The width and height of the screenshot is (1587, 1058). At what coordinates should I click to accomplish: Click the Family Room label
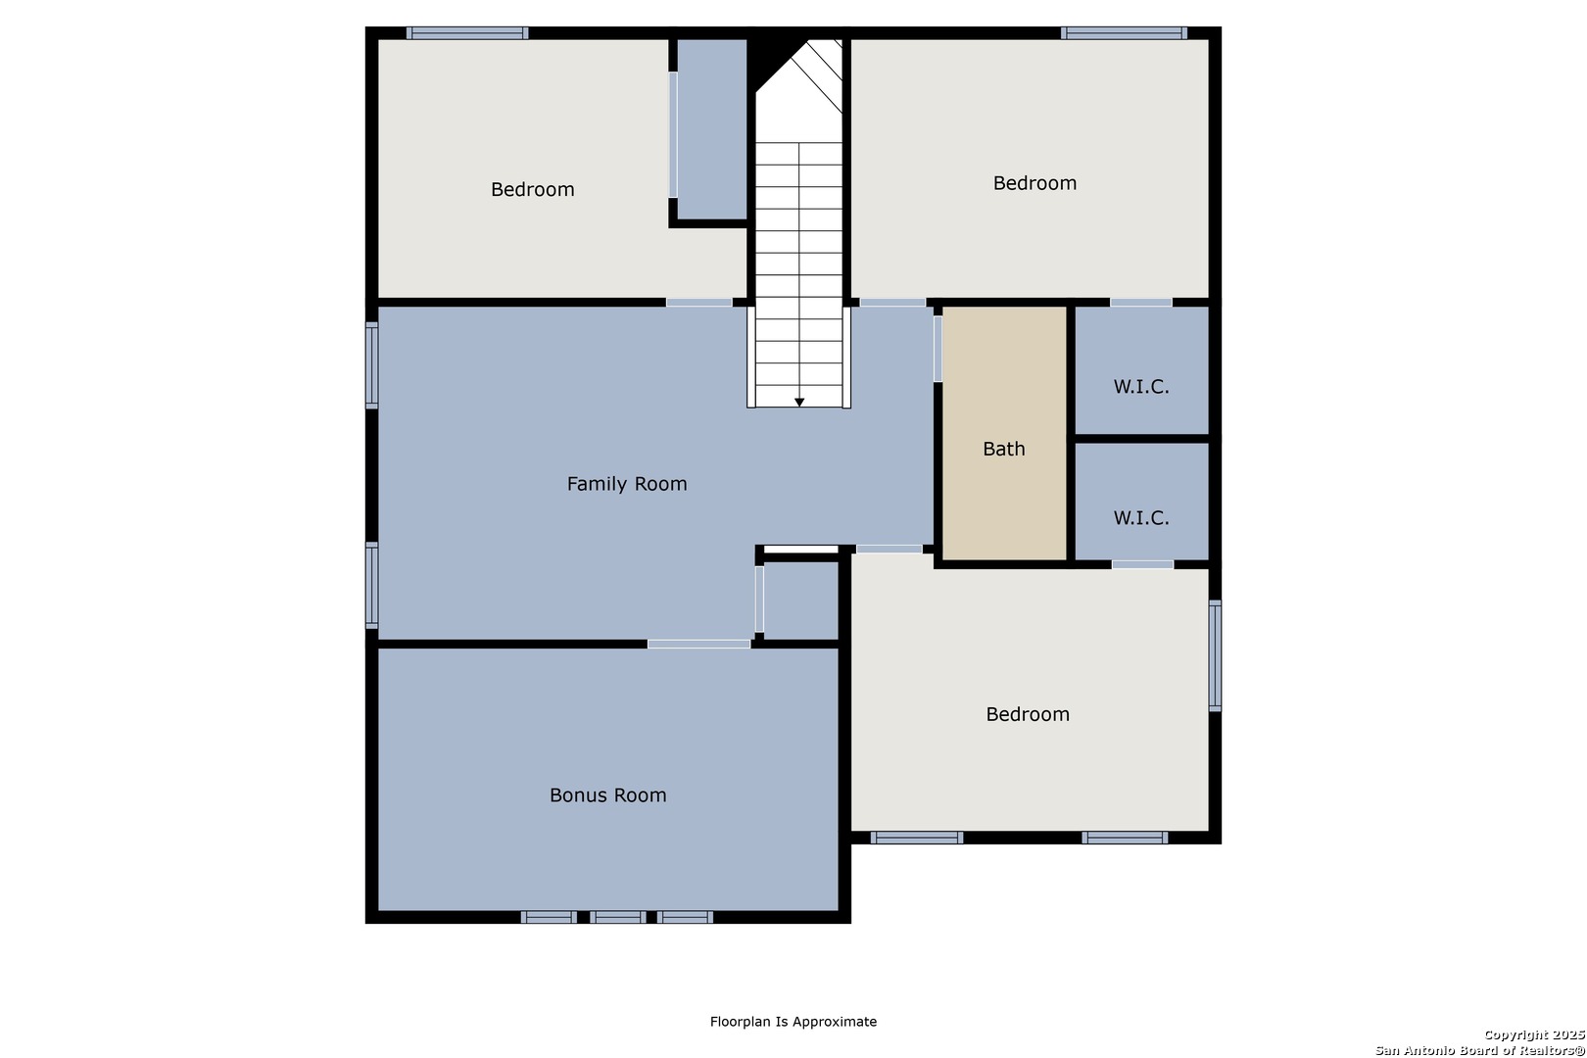tap(626, 484)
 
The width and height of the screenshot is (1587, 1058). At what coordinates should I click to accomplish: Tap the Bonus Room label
tap(608, 795)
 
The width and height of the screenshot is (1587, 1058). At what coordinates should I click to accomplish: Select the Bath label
tap(1004, 449)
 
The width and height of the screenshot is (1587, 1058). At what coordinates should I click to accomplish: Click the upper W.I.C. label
tap(1140, 386)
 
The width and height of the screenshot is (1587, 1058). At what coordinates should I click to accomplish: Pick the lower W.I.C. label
tap(1140, 518)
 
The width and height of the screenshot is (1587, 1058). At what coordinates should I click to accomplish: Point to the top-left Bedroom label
tap(532, 189)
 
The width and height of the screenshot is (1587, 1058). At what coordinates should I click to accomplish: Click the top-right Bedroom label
tap(1034, 183)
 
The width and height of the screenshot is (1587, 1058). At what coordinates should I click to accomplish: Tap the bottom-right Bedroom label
tap(1028, 713)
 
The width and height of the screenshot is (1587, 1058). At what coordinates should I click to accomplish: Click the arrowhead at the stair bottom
tap(799, 403)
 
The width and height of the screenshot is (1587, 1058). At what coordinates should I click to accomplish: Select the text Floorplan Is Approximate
tap(793, 1021)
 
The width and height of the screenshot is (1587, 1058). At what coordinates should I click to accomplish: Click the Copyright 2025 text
tap(1534, 1034)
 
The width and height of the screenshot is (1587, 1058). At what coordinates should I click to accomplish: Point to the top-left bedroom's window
tap(467, 32)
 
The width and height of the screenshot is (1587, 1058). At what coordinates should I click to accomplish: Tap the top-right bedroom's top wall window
tap(1124, 32)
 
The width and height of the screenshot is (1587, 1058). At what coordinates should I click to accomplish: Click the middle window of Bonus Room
tap(618, 917)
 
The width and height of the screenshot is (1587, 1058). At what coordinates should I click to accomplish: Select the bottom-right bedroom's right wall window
tap(1215, 655)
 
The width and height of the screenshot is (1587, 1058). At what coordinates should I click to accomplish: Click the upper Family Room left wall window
tap(372, 365)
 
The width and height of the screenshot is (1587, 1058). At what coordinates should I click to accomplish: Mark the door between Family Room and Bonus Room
tap(698, 644)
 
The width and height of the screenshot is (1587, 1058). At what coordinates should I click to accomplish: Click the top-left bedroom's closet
tap(712, 129)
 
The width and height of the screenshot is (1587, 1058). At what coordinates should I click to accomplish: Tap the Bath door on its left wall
tap(938, 349)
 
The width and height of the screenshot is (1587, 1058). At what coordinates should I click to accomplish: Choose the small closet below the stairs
tap(801, 601)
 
